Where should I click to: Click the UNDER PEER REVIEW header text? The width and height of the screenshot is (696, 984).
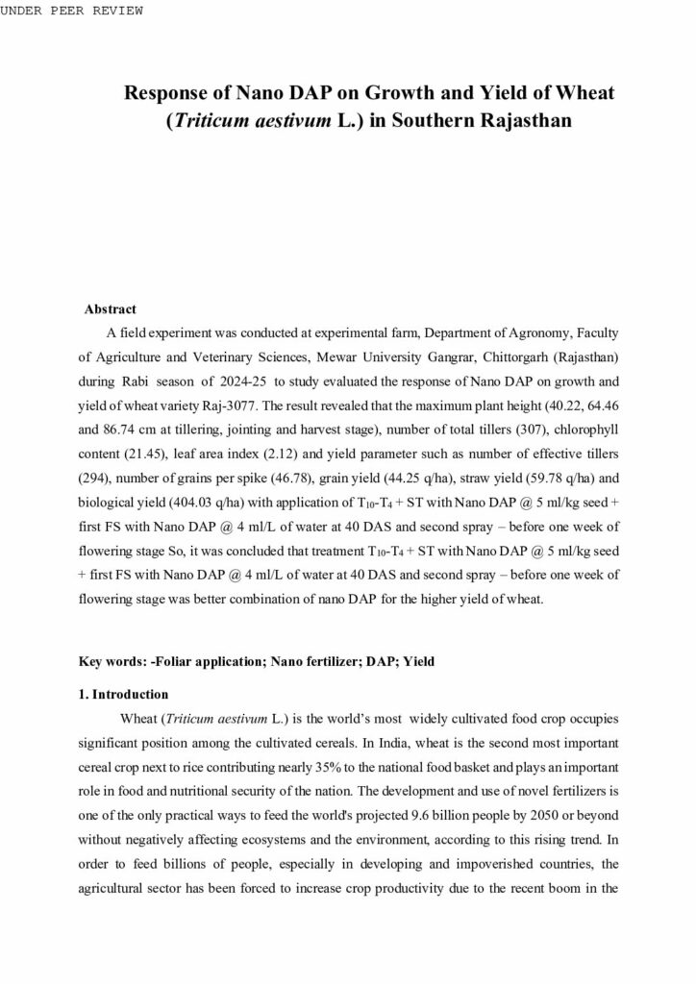click(x=72, y=11)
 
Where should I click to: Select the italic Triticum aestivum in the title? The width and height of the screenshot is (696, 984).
click(x=264, y=122)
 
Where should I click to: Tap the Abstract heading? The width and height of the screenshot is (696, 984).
click(x=110, y=309)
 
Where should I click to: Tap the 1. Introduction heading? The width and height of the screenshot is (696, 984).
click(x=123, y=694)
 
